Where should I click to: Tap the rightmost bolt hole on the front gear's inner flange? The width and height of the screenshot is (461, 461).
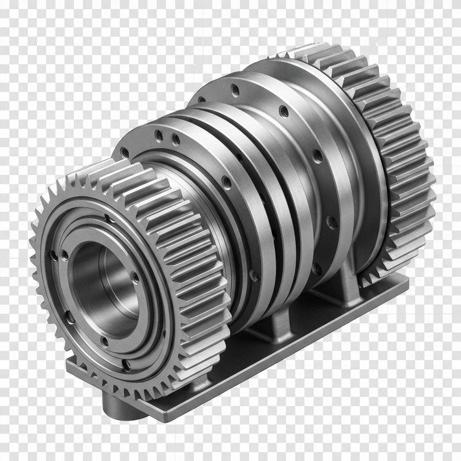(x=134, y=276)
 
